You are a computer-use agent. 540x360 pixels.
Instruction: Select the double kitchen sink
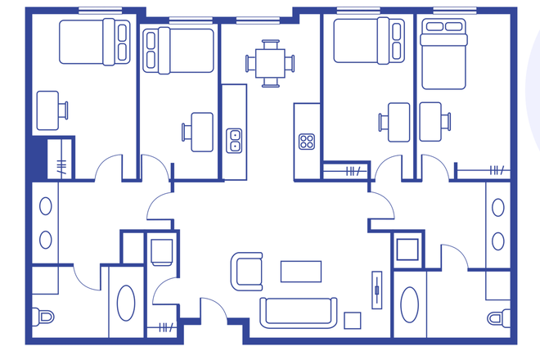point(234,140)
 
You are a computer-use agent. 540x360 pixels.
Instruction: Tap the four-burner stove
point(307,141)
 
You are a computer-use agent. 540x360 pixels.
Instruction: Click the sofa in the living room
point(298,312)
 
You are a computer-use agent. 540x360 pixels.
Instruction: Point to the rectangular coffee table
point(300,270)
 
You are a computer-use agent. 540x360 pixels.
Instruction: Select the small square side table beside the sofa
point(353,319)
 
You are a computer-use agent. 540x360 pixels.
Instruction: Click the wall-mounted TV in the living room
point(376,288)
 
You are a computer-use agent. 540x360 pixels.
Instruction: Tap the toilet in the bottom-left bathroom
point(43,316)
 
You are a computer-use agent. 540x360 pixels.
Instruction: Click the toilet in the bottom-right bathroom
point(497,317)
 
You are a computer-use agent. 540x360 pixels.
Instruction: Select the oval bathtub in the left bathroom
point(128,302)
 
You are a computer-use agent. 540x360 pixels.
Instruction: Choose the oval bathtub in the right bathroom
point(409,304)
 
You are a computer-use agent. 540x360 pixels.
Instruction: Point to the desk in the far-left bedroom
point(48,110)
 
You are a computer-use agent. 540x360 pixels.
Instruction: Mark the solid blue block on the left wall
point(36,159)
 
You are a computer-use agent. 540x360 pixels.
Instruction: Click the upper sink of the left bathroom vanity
point(46,207)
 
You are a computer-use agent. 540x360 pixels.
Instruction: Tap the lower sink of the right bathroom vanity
point(499,239)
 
